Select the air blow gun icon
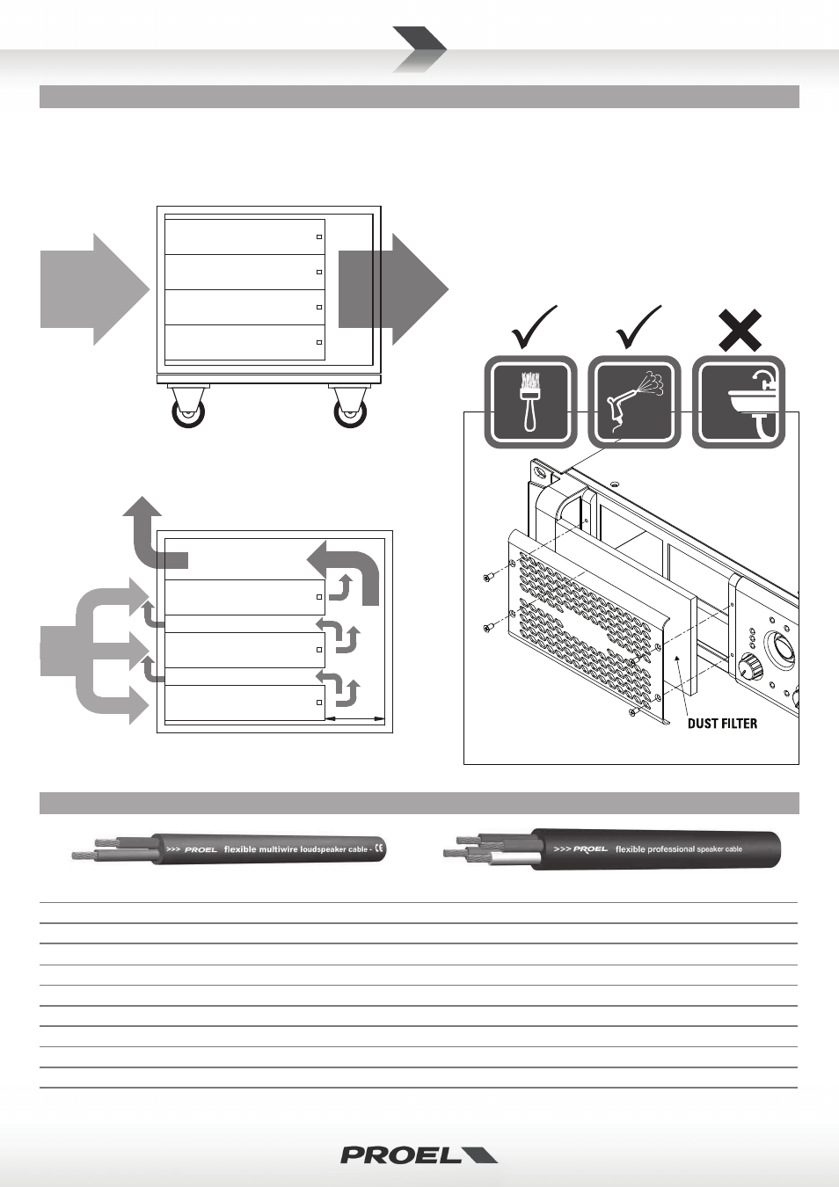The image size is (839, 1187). (634, 402)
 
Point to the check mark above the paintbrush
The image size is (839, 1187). (534, 327)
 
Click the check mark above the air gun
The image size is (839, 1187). (639, 327)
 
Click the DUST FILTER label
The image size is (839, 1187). (722, 724)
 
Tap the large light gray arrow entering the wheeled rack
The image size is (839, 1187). (95, 289)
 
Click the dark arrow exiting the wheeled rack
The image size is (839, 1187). (393, 289)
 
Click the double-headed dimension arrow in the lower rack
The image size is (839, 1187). (354, 719)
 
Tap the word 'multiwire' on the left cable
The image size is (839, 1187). (280, 848)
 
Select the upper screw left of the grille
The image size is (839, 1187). (489, 578)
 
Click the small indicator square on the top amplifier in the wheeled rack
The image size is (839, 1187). (319, 237)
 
